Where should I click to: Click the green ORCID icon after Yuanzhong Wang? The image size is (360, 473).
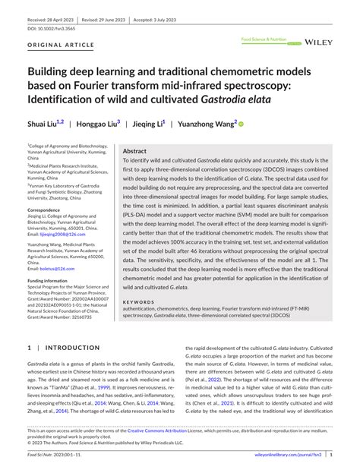tap(242, 123)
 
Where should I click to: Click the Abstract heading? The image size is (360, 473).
tap(134, 152)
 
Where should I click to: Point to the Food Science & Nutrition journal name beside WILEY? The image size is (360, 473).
tap(262, 38)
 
